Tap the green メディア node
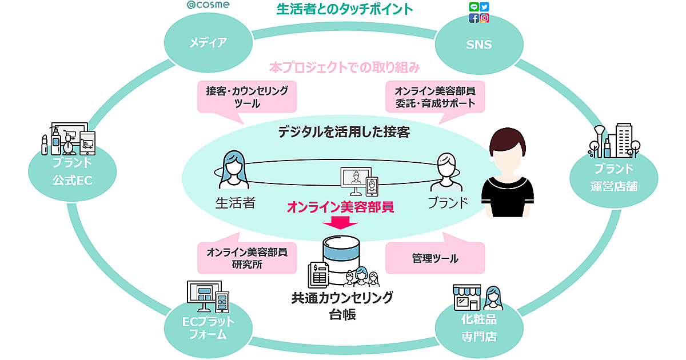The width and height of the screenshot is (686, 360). [x=208, y=42]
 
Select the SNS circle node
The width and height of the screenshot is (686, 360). [x=479, y=44]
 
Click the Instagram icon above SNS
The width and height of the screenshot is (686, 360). [x=485, y=18]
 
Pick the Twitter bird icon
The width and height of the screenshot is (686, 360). [x=485, y=7]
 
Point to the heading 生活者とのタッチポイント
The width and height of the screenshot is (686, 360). [x=345, y=9]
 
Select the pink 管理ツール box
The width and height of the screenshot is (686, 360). [x=435, y=258]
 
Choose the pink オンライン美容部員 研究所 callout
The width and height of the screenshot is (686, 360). [x=248, y=258]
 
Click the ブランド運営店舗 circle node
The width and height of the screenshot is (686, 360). [x=613, y=177]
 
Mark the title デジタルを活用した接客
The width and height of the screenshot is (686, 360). [x=344, y=132]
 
